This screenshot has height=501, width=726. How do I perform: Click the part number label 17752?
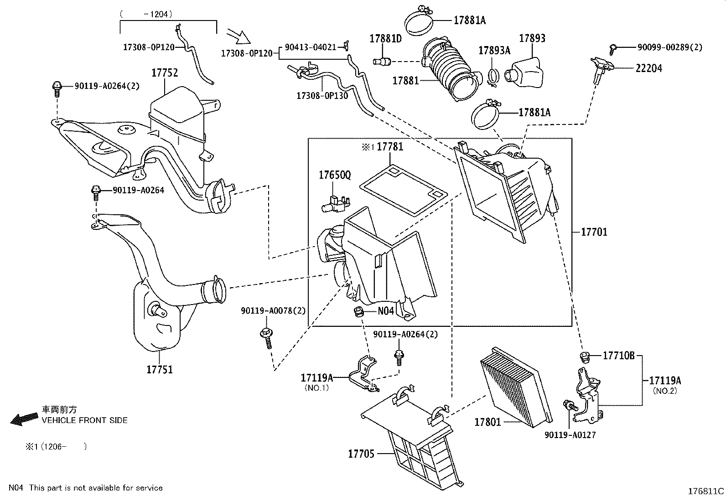point(165,73)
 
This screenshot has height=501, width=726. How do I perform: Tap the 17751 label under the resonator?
point(160,369)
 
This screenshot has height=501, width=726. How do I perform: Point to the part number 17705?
point(361,454)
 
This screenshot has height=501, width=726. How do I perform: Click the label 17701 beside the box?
point(594,232)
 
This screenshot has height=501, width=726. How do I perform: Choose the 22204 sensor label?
point(649,68)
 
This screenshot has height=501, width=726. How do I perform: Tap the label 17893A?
point(494,51)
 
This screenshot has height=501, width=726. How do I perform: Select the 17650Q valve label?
point(335,176)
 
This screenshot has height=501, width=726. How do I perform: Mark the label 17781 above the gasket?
point(390,147)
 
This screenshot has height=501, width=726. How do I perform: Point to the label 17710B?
point(619,356)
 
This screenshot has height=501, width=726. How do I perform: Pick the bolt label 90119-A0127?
point(570,435)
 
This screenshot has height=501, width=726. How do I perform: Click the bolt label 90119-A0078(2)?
point(273,311)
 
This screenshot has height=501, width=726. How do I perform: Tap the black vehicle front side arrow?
point(25,418)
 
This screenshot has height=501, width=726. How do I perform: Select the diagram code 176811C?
point(706,491)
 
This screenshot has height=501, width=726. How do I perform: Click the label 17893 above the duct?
point(532,39)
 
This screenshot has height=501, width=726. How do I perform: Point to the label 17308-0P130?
point(322,96)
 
